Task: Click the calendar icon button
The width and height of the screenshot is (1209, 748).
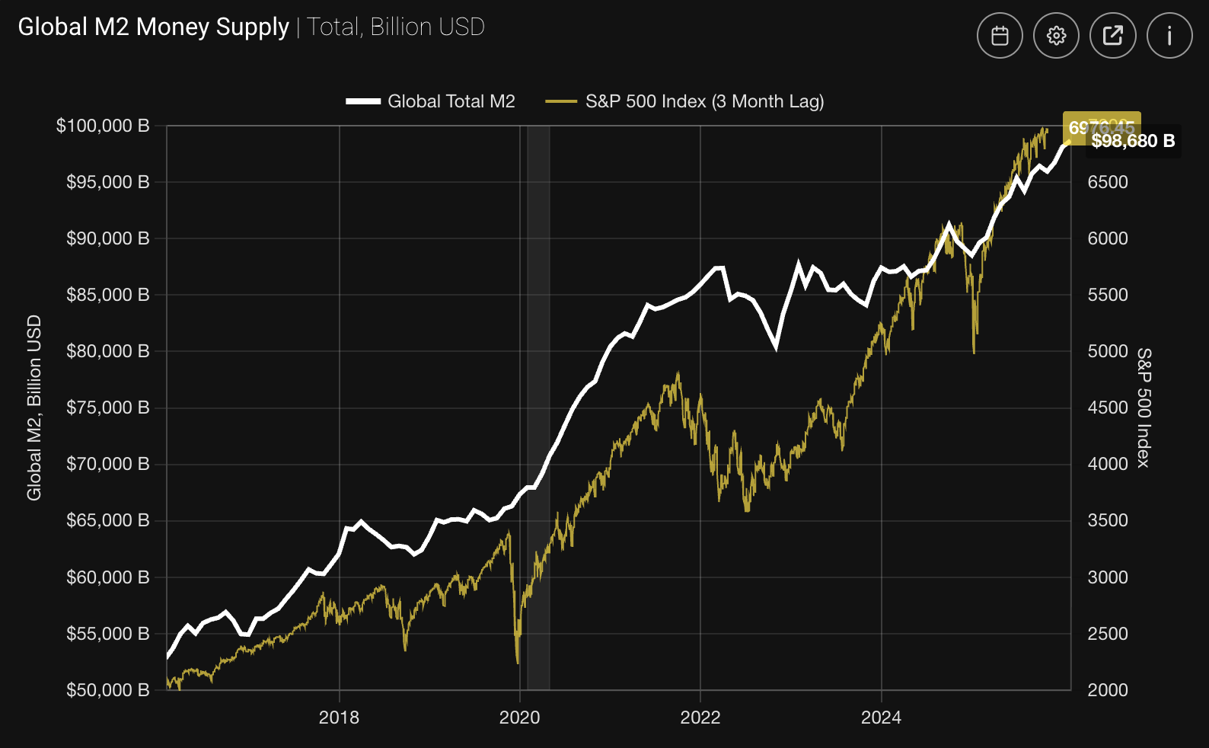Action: (x=1000, y=35)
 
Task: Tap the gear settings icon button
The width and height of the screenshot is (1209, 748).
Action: (x=1056, y=35)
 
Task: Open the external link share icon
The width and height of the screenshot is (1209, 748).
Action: (x=1112, y=35)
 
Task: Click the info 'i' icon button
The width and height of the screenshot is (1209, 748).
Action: (x=1169, y=35)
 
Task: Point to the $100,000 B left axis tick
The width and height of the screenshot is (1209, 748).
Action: (x=103, y=126)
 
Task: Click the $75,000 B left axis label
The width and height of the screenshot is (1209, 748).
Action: (x=107, y=408)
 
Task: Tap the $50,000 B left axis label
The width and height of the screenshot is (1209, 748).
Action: (x=107, y=690)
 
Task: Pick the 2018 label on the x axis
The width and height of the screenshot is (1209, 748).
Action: (x=339, y=718)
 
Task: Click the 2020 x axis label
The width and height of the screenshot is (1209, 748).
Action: (x=519, y=718)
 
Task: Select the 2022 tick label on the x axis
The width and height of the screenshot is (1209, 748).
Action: (x=700, y=718)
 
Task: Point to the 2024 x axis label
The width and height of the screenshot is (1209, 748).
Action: (x=881, y=718)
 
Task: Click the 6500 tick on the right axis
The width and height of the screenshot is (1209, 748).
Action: (x=1108, y=182)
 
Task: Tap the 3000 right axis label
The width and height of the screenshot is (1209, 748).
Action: (x=1108, y=577)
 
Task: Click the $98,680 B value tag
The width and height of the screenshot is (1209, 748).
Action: (x=1133, y=141)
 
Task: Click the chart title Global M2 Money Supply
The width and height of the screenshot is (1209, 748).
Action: (x=153, y=27)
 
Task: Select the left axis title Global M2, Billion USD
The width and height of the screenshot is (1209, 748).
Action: (x=34, y=408)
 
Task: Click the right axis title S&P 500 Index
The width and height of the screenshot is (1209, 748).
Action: (x=1144, y=408)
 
